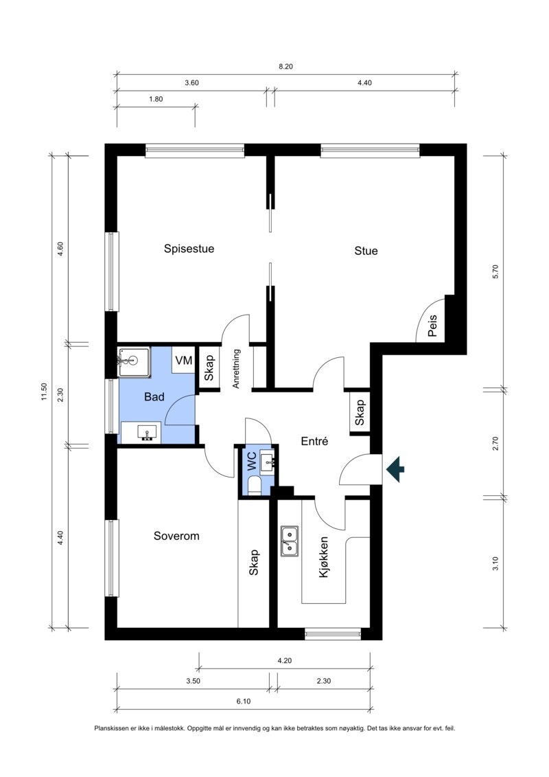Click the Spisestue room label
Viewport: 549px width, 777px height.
189,249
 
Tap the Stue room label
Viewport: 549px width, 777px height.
366,251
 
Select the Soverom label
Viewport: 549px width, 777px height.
176,536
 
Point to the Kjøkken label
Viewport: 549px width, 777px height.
324,557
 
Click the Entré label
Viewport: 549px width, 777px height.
314,441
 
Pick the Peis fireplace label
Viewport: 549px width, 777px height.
432,326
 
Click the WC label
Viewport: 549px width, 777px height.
251,461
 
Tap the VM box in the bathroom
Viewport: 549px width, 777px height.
184,360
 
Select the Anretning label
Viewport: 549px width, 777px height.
236,369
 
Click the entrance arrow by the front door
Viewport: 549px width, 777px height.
395,469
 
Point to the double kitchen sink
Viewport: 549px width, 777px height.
290,541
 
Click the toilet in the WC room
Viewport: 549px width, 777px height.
254,486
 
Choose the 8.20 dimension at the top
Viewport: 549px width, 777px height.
285,67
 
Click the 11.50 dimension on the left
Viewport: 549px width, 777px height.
43,392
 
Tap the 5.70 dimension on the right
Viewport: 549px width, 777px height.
495,271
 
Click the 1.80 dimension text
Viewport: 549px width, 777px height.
156,99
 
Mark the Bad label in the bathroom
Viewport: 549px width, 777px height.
154,397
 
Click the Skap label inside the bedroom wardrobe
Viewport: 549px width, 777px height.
253,563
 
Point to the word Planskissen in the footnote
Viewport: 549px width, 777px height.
108,728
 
